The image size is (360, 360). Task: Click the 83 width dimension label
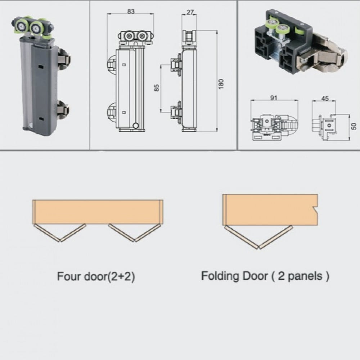(x=131, y=11)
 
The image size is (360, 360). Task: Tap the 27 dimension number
(x=190, y=12)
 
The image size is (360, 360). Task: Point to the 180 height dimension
(x=221, y=84)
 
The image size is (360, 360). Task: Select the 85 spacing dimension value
(x=157, y=88)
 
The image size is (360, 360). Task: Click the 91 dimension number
(x=274, y=98)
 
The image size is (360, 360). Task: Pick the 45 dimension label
(x=325, y=99)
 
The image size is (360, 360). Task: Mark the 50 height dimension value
(x=354, y=126)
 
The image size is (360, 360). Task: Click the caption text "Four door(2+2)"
(x=96, y=276)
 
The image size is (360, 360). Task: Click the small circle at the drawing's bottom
(x=136, y=126)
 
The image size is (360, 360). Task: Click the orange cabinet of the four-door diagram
(x=98, y=212)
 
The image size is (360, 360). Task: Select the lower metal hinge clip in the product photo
(x=63, y=109)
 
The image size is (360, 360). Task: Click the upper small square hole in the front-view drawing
(x=124, y=65)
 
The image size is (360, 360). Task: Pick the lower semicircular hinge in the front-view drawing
(x=112, y=112)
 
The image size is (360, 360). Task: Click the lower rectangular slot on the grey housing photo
(x=41, y=119)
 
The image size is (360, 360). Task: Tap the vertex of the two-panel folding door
(x=258, y=248)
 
